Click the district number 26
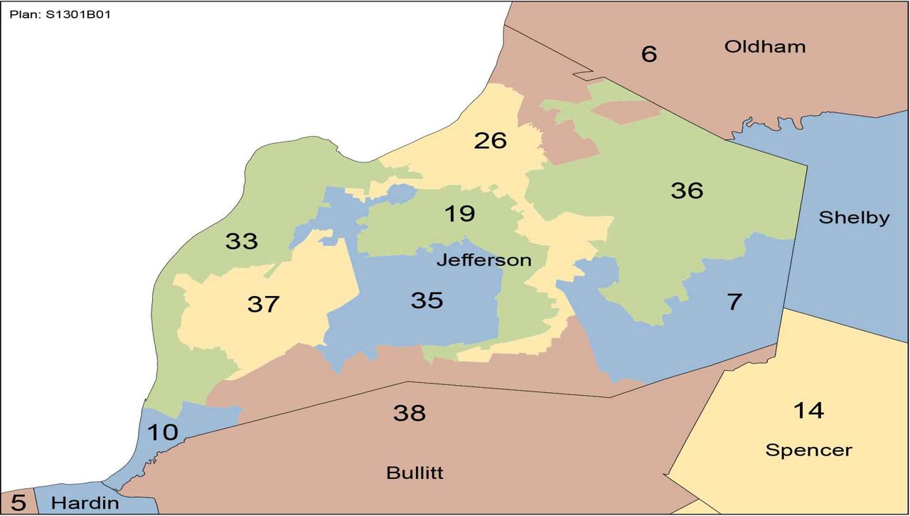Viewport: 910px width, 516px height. (491, 141)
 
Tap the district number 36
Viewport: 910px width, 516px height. (687, 191)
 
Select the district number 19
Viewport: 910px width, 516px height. (459, 214)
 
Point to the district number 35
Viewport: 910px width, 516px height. (427, 300)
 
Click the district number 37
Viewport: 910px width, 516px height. (264, 305)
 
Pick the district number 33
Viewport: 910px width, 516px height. (241, 242)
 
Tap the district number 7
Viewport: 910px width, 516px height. (734, 302)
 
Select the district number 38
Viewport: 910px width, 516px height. (409, 413)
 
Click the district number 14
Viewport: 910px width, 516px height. (808, 411)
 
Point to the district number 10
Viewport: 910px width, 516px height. (162, 432)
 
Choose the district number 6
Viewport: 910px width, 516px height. (649, 54)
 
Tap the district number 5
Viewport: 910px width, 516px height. (18, 503)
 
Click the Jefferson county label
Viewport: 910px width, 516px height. (483, 260)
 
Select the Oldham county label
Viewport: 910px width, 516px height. (765, 47)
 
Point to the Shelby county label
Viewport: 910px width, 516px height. (854, 218)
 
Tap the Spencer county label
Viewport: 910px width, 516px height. (808, 451)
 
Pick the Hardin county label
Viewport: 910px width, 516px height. (84, 504)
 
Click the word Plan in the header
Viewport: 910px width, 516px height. (21, 14)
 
